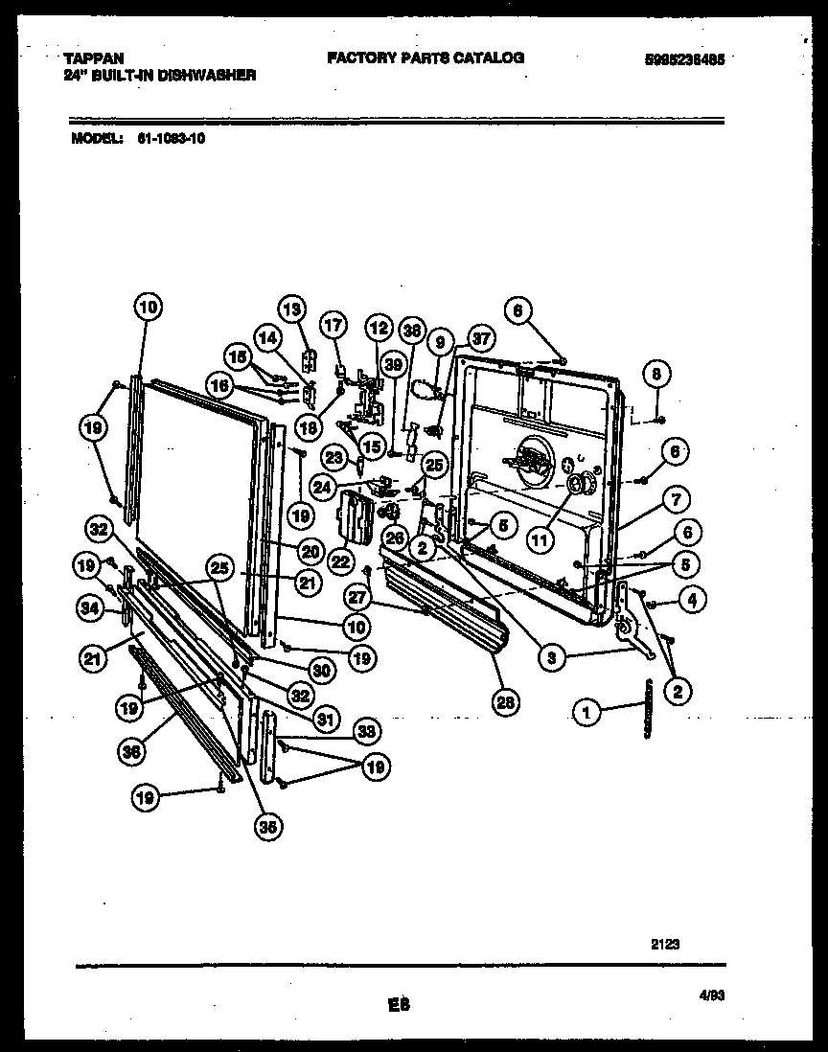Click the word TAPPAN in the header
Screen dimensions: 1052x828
95,58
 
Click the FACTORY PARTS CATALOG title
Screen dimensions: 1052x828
425,57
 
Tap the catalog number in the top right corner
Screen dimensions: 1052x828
684,58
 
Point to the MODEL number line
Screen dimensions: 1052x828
139,137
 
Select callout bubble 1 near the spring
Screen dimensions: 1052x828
586,711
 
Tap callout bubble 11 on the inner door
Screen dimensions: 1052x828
541,539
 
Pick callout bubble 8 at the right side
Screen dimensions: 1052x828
655,374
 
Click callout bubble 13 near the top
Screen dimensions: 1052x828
291,309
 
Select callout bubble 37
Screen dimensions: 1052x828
479,337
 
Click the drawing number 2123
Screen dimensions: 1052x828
665,944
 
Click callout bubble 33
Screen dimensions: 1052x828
365,731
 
